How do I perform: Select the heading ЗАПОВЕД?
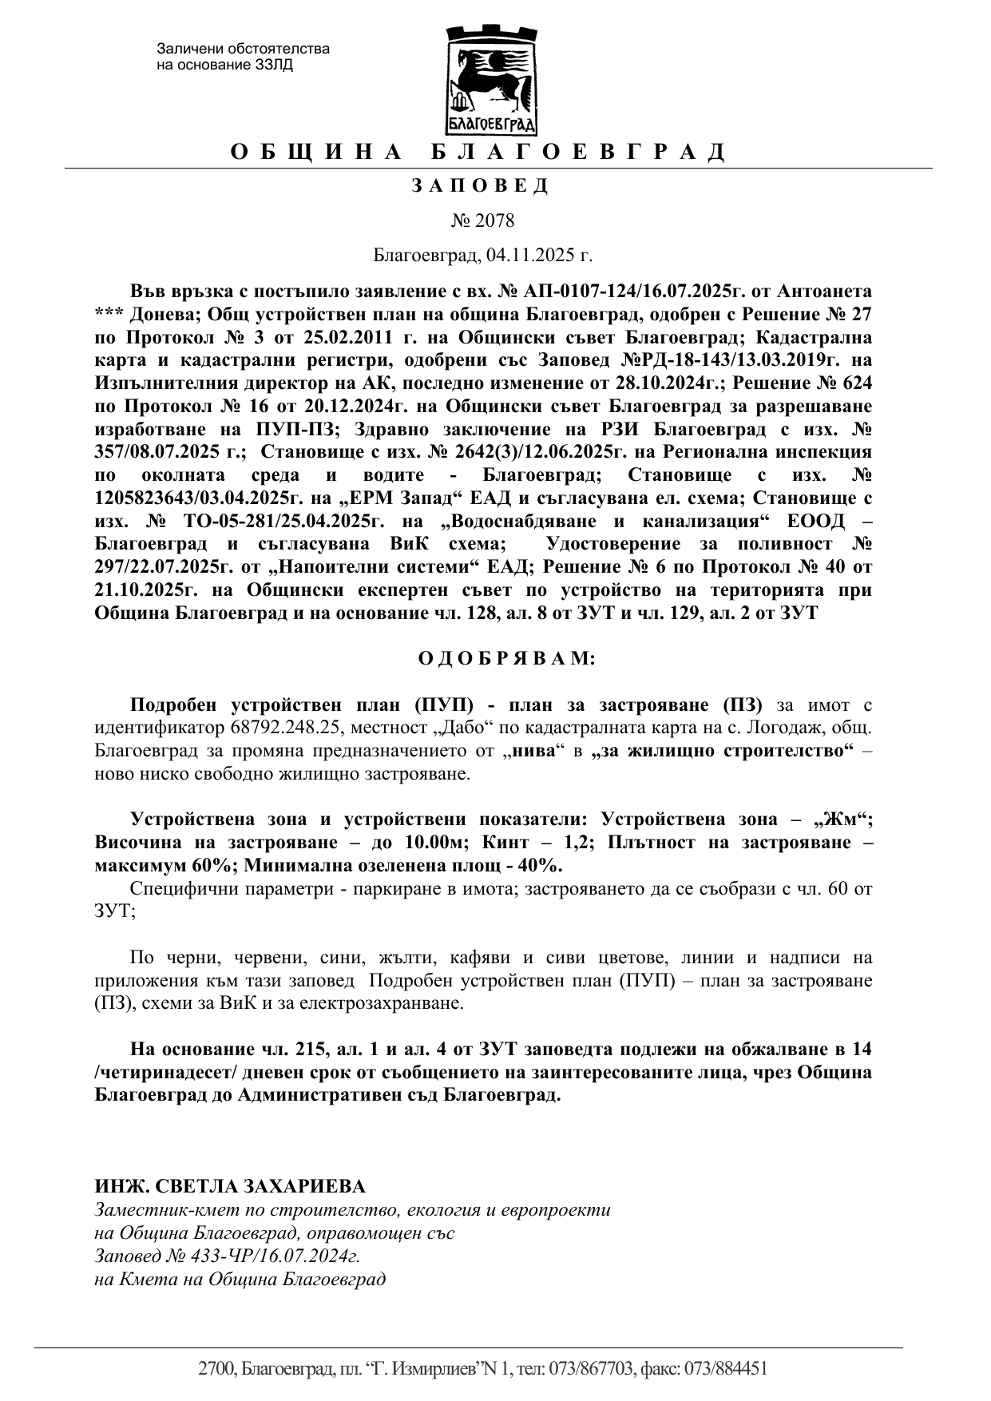[480, 186]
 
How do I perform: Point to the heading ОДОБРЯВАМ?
[506, 659]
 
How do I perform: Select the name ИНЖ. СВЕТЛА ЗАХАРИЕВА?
[229, 1185]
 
